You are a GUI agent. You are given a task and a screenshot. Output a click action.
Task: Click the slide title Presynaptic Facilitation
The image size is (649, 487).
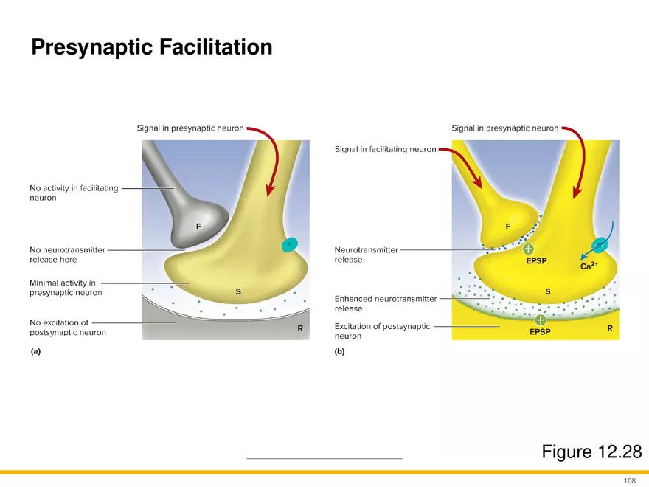pos(151,48)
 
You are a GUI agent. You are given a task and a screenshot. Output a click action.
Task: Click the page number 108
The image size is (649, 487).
pos(629,481)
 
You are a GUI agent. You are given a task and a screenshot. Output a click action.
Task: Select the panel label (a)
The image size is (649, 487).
pos(35,352)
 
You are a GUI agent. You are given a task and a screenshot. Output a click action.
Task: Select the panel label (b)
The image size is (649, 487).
pos(339,352)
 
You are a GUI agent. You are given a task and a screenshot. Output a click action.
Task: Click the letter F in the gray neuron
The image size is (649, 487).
pos(198,227)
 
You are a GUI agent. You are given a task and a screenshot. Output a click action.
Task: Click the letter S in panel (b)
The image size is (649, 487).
pos(547,291)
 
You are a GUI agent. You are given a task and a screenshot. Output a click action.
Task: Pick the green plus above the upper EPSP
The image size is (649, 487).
pos(529,249)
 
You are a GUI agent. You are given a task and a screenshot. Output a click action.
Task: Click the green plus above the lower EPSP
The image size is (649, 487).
pos(541,320)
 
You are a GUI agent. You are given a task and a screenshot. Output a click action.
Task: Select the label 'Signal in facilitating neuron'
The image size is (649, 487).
pos(385,149)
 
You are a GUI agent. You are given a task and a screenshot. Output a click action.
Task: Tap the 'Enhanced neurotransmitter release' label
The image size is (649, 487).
pos(385,303)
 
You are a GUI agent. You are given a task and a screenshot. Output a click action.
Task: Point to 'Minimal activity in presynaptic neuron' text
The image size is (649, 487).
pos(66,288)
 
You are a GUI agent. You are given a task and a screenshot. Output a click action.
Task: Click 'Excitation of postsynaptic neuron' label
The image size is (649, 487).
pos(382,331)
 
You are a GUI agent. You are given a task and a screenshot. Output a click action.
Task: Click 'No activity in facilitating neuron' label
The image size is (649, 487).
pos(73,193)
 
